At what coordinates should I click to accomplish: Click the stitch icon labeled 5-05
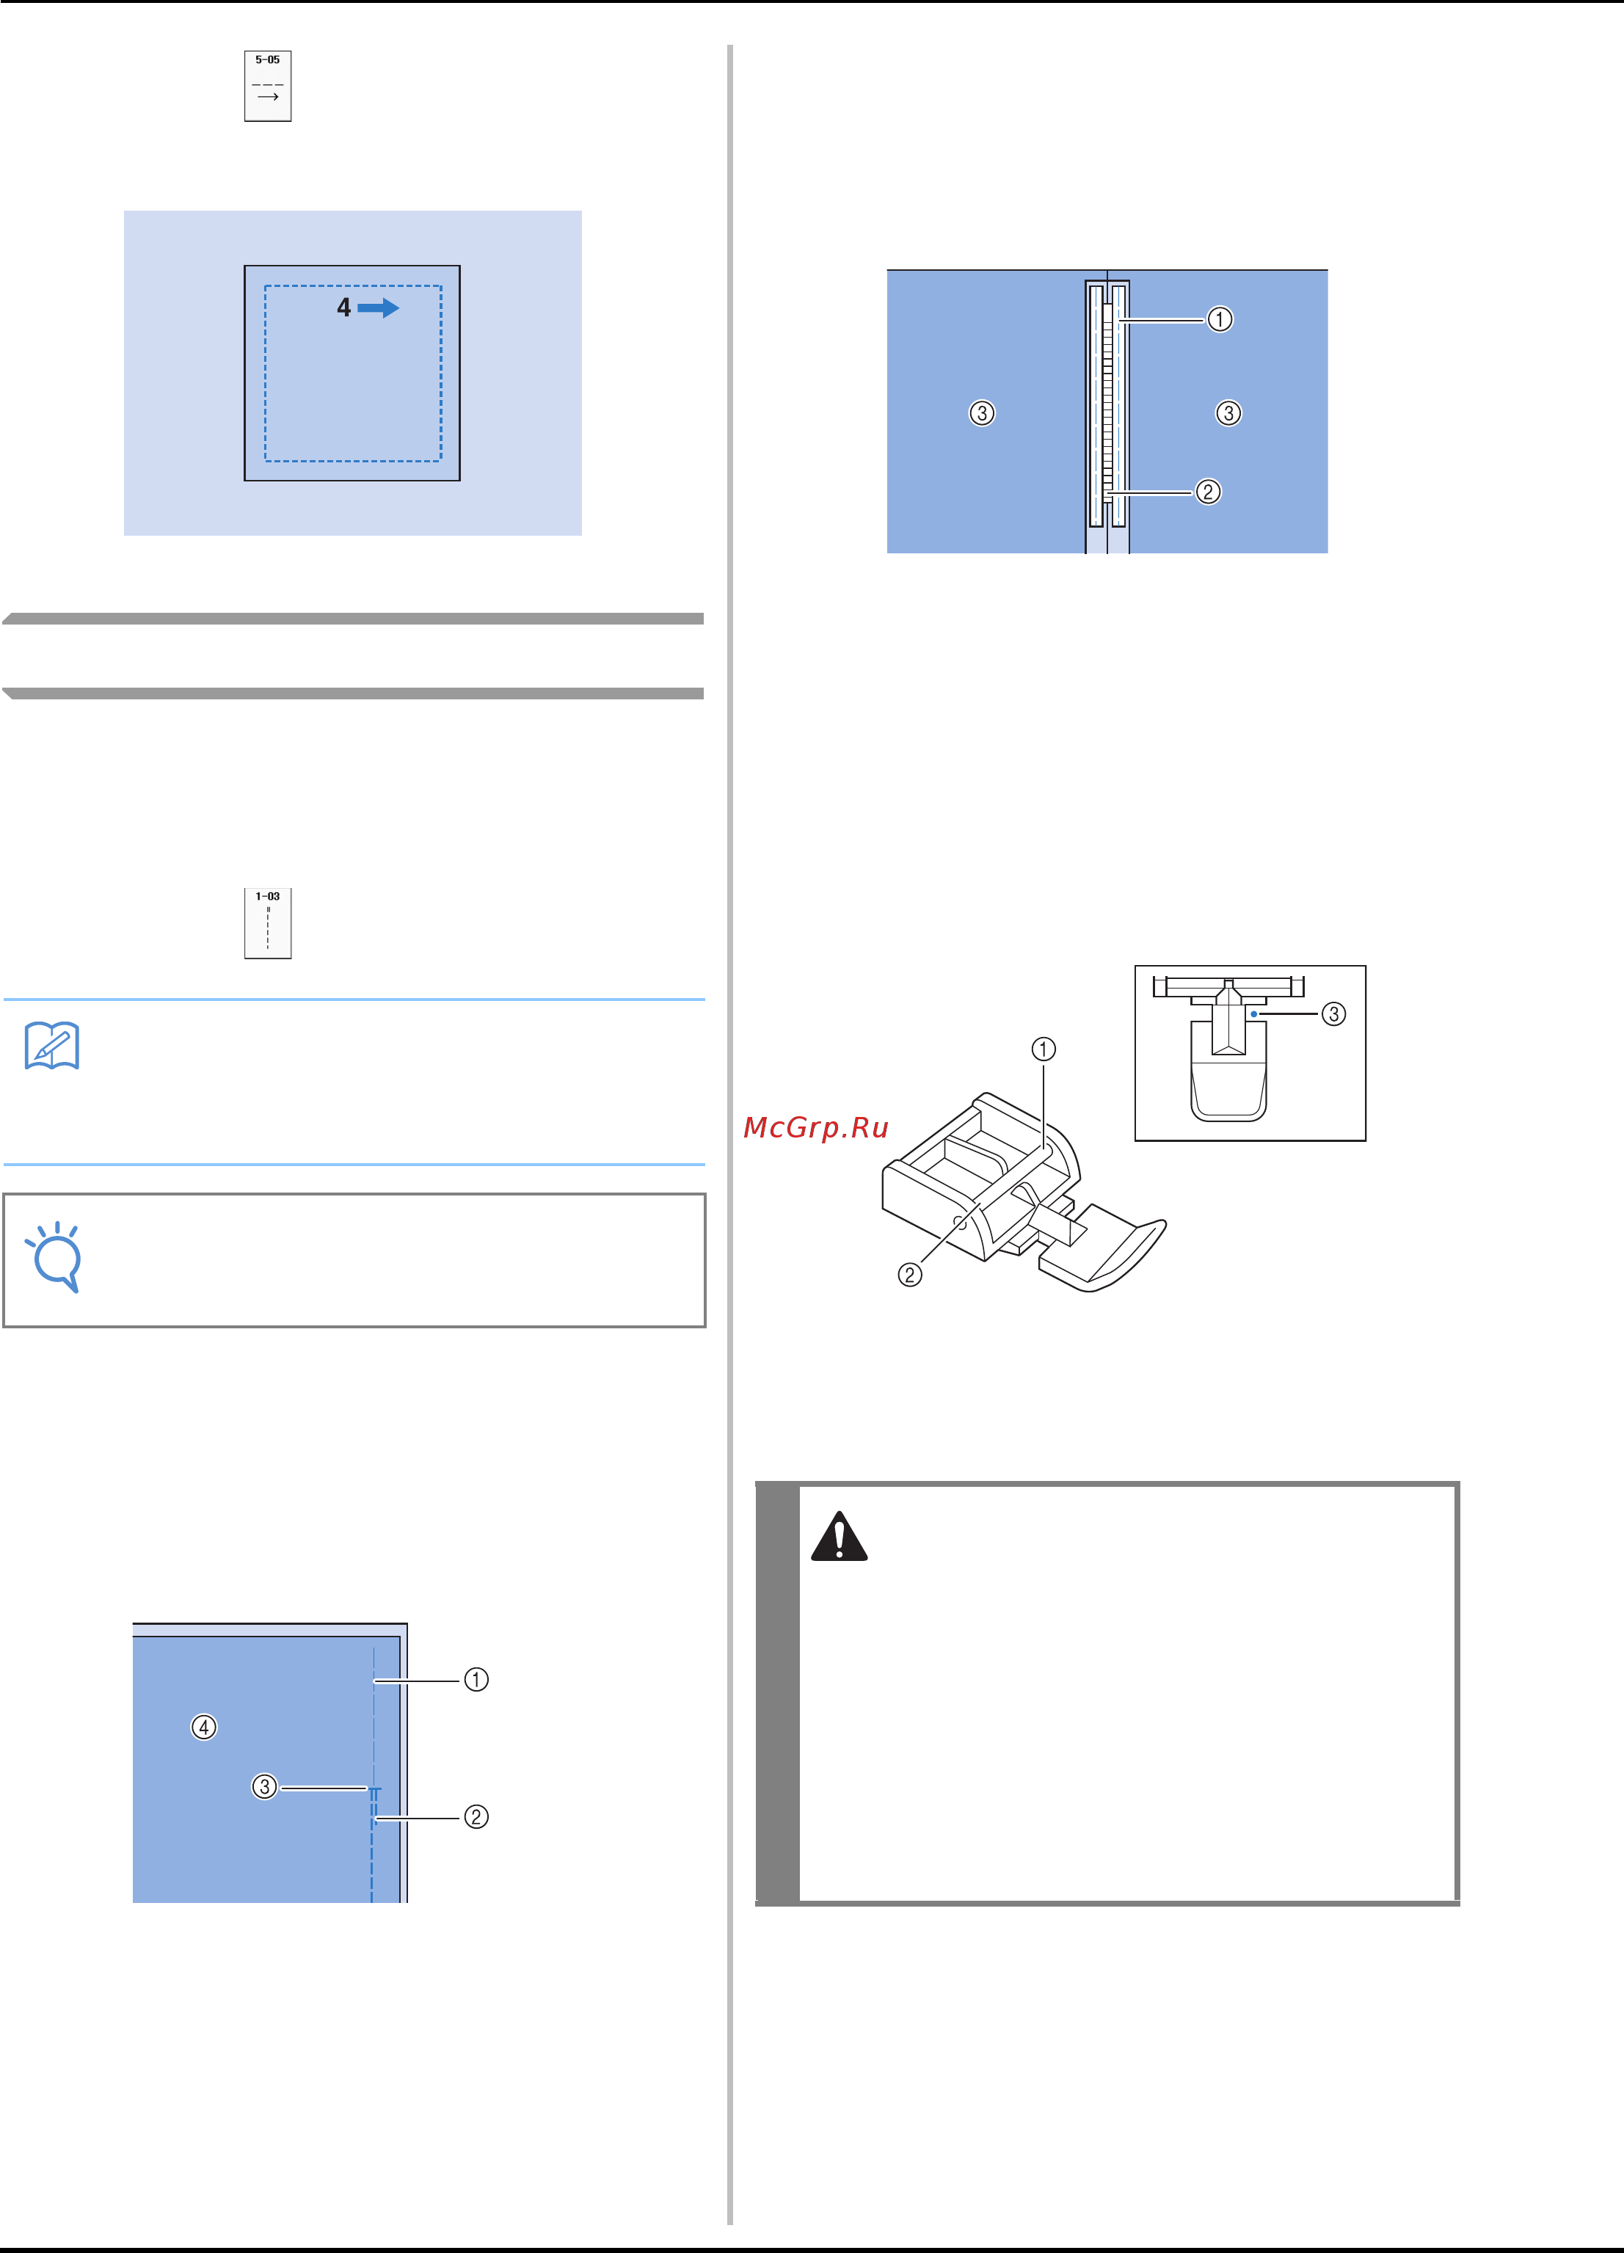(267, 87)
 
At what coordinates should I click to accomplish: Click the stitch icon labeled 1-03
(267, 923)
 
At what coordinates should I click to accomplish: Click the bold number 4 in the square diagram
(343, 308)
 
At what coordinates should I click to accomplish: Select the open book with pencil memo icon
(51, 1045)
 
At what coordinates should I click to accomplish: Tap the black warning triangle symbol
(840, 1537)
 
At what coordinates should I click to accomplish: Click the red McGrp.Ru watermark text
(815, 1127)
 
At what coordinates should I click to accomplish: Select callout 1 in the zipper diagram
(1220, 319)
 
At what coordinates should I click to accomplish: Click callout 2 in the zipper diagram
(1208, 492)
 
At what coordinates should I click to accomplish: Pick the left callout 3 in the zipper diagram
(981, 413)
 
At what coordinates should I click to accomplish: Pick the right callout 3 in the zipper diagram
(1228, 413)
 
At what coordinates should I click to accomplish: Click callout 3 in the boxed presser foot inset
(1333, 1013)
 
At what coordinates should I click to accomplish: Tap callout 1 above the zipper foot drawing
(1043, 1049)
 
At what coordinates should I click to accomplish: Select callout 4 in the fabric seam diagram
(203, 1727)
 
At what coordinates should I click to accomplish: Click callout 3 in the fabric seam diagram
(264, 1786)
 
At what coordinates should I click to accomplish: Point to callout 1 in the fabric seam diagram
(477, 1679)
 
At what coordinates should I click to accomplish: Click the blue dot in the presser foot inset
(1254, 1013)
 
